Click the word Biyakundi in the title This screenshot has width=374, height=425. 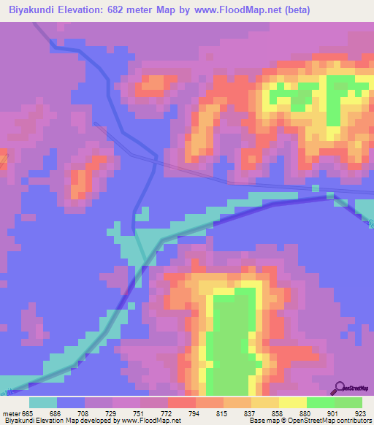pos(36,10)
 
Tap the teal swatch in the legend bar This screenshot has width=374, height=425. pos(43,403)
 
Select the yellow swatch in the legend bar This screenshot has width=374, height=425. pos(293,403)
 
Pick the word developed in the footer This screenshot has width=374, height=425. pos(88,421)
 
